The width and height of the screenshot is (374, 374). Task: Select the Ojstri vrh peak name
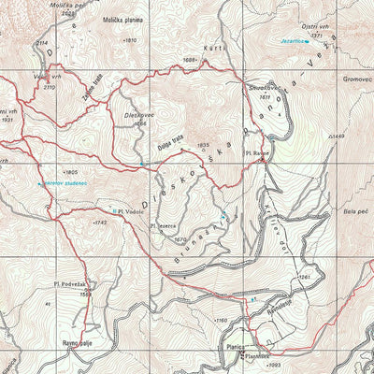pyautogui.click(x=317, y=28)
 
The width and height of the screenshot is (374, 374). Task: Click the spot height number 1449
pyautogui.click(x=338, y=137)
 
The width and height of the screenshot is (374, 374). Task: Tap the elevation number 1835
pyautogui.click(x=204, y=145)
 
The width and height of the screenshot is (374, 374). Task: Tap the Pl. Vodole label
pyautogui.click(x=130, y=211)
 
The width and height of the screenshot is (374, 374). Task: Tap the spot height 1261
pyautogui.click(x=304, y=278)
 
